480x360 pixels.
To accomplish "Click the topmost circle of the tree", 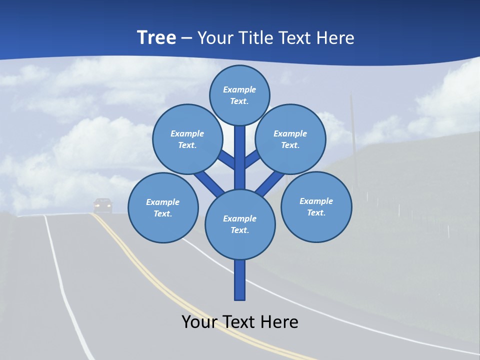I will click(x=239, y=95).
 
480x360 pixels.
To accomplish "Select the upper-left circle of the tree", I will click(x=187, y=139).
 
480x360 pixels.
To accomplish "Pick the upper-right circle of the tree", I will click(x=290, y=139).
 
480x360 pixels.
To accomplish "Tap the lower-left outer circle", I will click(x=163, y=207).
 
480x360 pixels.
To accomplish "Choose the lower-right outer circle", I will click(x=316, y=206).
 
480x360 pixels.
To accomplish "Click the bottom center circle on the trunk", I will click(x=240, y=224).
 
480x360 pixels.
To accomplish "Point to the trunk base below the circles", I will click(x=240, y=280).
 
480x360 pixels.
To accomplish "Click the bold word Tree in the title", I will click(x=156, y=37).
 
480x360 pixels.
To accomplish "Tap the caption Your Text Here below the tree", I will click(x=240, y=322).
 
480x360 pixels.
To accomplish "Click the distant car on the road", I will click(x=103, y=204).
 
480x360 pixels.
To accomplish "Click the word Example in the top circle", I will click(x=239, y=89).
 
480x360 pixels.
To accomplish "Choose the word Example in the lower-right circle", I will click(x=316, y=201).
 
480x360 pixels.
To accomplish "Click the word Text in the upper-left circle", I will click(x=186, y=145).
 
